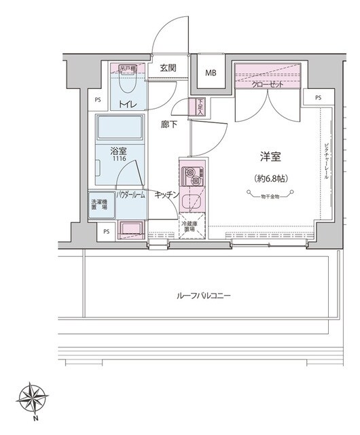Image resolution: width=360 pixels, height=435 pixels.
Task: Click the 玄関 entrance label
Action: coord(169,68)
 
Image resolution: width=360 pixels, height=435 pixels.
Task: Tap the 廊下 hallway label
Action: coord(170,124)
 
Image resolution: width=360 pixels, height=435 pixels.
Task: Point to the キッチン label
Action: coord(166,195)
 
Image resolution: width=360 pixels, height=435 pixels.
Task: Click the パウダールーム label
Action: coord(130,195)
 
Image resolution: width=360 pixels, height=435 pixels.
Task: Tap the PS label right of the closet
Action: coord(319,98)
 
